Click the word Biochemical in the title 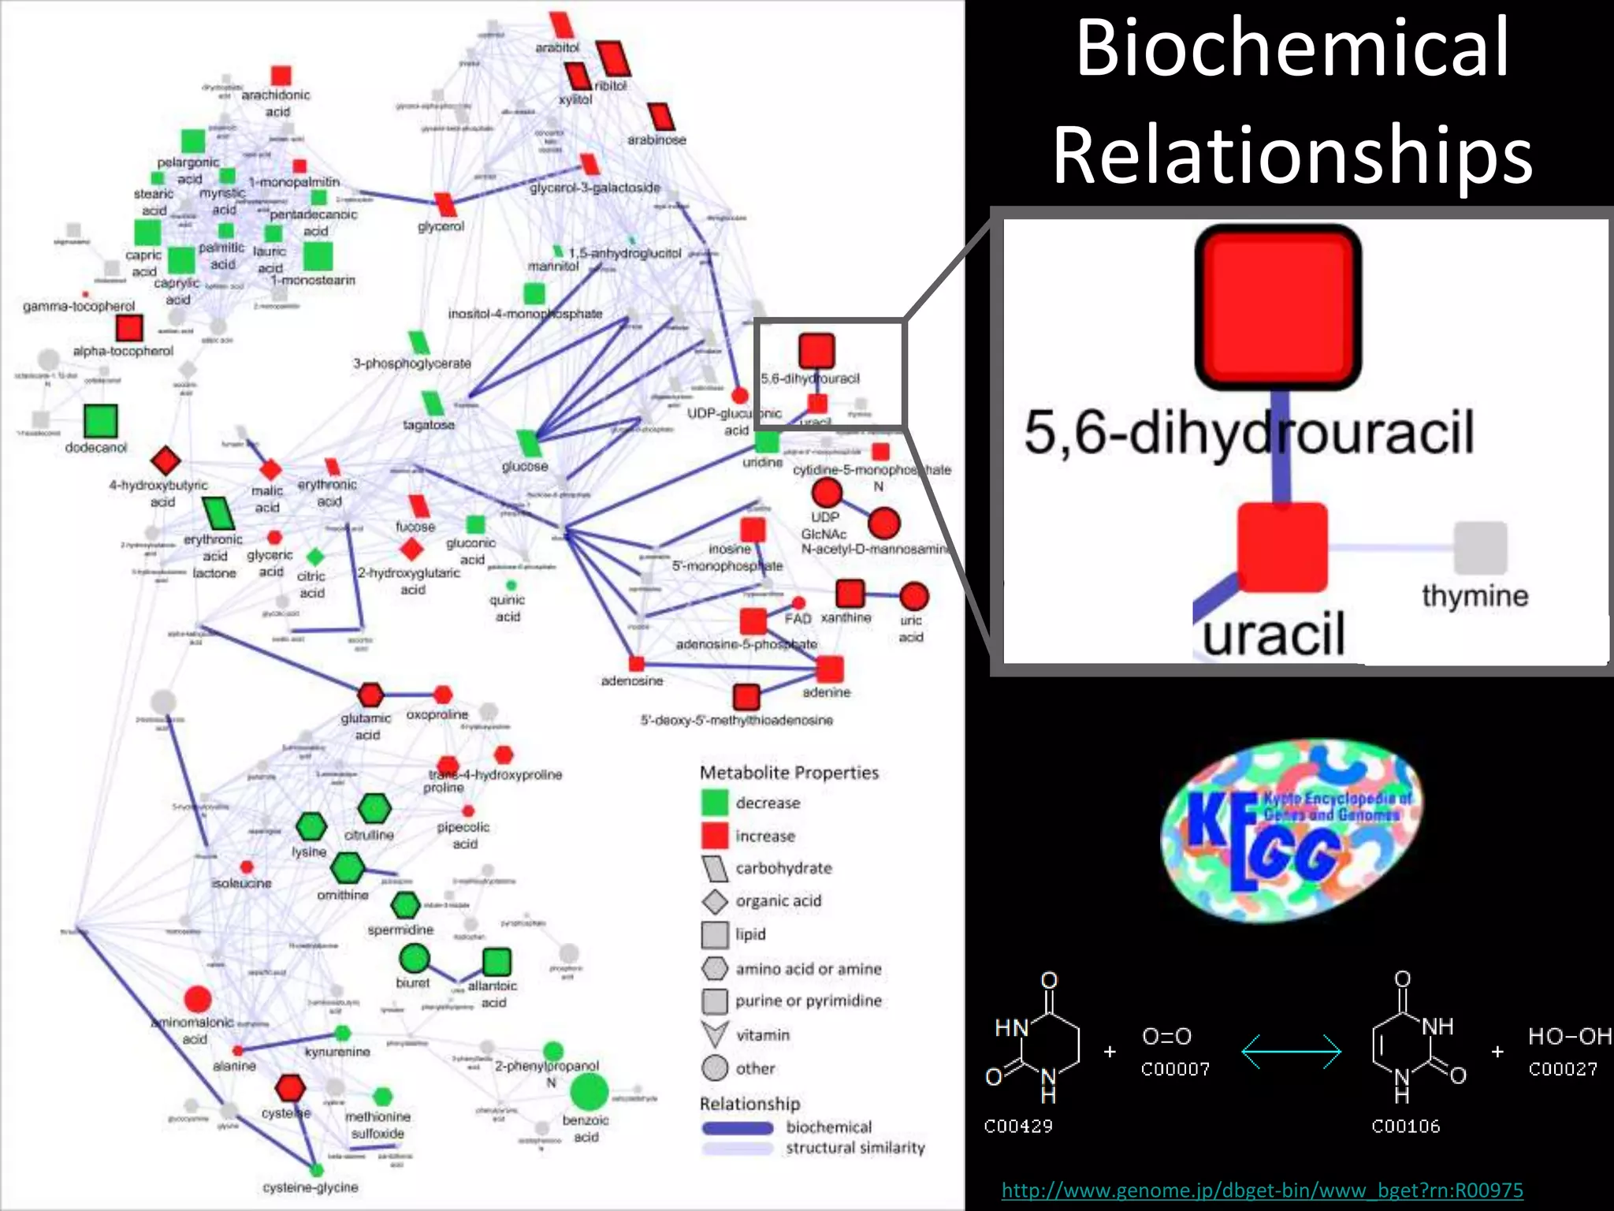point(1292,49)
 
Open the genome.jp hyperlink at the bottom point(1262,1190)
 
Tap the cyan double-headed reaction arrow point(1291,1052)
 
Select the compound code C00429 point(1017,1126)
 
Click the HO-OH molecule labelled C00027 point(1568,1036)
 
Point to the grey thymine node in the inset point(1480,547)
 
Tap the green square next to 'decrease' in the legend point(714,803)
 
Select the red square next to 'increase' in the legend point(714,836)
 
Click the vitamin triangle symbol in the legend point(714,1034)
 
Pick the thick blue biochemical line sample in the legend point(737,1128)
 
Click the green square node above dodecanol point(100,420)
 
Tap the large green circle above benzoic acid point(589,1091)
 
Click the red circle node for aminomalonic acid point(197,1000)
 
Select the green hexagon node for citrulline point(374,809)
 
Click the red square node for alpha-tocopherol point(128,328)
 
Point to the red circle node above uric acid point(913,597)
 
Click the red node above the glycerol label point(446,204)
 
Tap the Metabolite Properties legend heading point(789,773)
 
